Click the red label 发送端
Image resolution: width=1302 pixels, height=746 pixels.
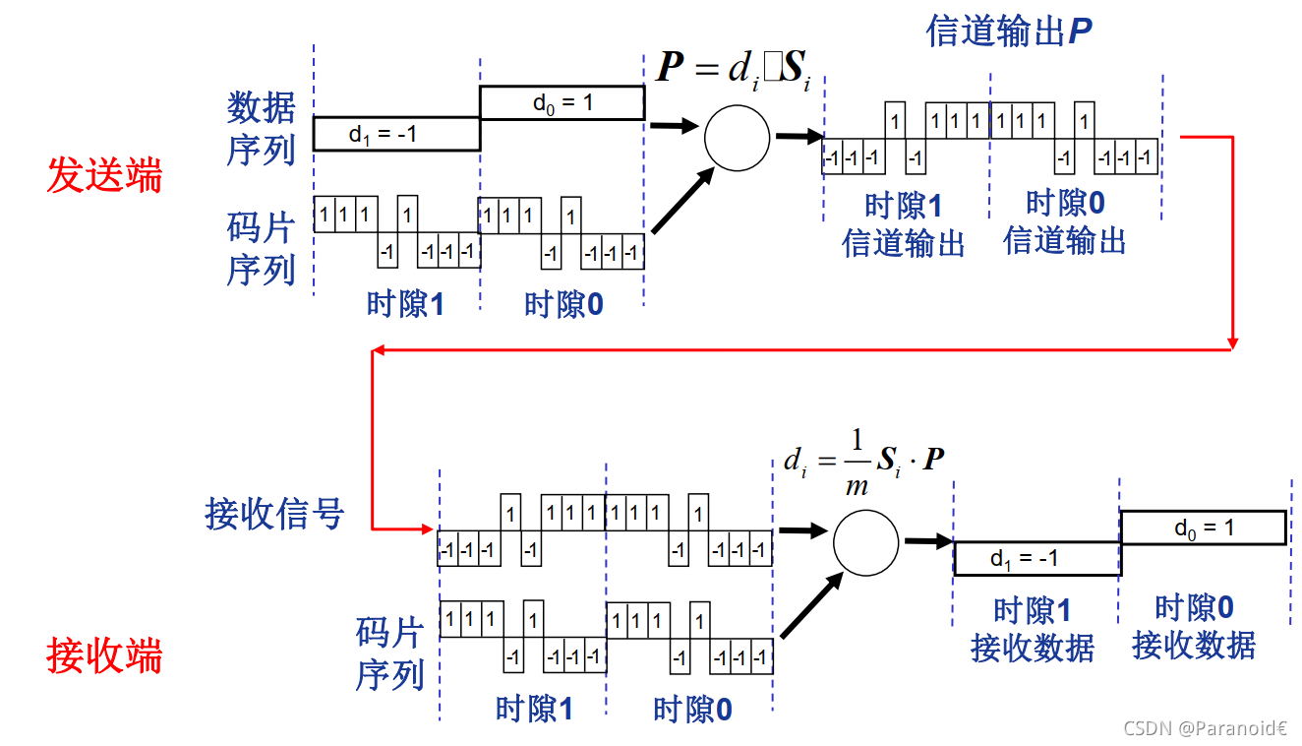pos(104,176)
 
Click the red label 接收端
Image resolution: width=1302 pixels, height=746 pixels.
pos(104,656)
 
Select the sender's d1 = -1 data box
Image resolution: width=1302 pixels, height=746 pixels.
pos(396,134)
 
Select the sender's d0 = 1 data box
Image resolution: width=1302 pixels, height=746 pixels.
pos(562,102)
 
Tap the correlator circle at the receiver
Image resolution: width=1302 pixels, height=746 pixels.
pos(865,542)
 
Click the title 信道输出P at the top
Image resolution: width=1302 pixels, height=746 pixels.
pos(1009,31)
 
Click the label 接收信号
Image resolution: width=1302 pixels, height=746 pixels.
pos(274,513)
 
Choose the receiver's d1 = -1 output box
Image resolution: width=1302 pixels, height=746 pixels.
pos(1036,558)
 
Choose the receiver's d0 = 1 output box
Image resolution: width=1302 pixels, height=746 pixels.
pos(1203,528)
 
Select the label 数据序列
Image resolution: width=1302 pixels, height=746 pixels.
pos(261,128)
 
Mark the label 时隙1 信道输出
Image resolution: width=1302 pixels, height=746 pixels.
pos(903,225)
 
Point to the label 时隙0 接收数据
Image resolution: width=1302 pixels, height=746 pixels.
pos(1193,626)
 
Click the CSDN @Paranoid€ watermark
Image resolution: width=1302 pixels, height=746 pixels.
pos(1205,728)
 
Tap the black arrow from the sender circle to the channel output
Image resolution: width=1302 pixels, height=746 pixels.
pos(798,137)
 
